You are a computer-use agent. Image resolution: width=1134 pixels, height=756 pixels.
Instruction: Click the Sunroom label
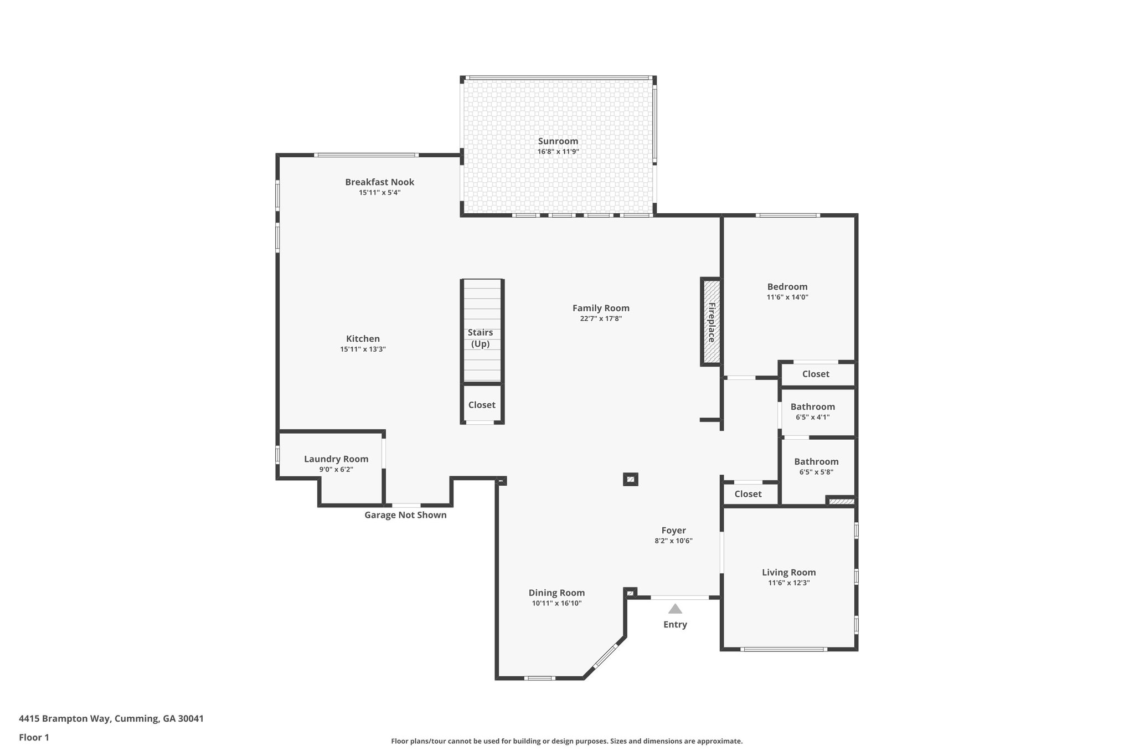(x=558, y=141)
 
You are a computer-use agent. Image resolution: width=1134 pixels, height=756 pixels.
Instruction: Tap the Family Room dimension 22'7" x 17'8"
(x=601, y=318)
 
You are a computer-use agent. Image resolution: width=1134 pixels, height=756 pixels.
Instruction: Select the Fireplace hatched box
(x=712, y=322)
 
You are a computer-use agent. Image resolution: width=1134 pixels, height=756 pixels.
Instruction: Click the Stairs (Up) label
(x=480, y=338)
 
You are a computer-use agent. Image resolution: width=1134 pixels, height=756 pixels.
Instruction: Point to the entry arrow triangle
(x=674, y=609)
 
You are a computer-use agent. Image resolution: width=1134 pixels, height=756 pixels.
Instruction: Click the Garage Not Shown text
(x=405, y=515)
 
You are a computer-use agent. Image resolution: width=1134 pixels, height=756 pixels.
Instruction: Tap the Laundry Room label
(x=336, y=459)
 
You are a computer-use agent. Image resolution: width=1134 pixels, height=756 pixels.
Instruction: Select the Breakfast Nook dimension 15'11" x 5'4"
(x=379, y=193)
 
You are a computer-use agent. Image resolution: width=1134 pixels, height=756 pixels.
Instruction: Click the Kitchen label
(x=363, y=338)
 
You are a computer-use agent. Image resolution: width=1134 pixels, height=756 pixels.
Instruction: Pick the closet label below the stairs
(x=482, y=405)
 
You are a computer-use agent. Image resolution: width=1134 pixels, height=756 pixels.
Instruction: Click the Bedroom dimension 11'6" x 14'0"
(x=787, y=297)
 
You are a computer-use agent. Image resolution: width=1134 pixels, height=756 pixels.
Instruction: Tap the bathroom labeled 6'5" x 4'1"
(x=812, y=407)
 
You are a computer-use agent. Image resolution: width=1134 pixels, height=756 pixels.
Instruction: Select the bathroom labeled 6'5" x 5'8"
(x=816, y=461)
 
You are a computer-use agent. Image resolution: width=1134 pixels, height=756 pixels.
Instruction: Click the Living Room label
(x=788, y=572)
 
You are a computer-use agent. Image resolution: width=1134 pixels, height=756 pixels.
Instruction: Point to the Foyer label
(x=673, y=530)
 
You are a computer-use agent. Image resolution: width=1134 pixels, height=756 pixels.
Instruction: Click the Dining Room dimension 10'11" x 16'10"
(x=556, y=603)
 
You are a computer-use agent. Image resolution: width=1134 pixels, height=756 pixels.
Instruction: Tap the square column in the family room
(x=630, y=479)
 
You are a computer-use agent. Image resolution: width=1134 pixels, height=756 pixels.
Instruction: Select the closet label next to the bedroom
(x=816, y=374)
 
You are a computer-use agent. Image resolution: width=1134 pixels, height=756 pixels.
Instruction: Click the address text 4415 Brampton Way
(x=111, y=719)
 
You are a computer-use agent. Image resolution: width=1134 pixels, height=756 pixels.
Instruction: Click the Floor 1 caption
(x=34, y=737)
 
